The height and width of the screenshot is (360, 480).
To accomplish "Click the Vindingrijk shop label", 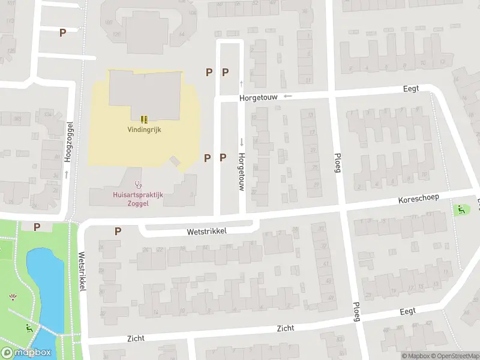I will tap(144, 129).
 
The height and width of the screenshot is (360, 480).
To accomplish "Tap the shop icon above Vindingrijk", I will tap(144, 119).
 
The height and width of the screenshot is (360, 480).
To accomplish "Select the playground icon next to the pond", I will tap(29, 328).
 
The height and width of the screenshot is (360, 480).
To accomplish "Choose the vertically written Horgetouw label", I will tap(241, 172).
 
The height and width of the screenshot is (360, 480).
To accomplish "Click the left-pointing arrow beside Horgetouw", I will tap(288, 95).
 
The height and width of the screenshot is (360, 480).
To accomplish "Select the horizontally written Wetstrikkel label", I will tap(207, 231).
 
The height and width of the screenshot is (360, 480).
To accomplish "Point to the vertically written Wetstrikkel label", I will tap(82, 270).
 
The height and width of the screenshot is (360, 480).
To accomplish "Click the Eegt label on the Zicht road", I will tap(408, 312).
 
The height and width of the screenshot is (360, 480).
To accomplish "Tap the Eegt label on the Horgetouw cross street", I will tap(411, 88).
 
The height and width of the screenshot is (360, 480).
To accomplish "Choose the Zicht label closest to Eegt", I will tap(285, 328).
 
